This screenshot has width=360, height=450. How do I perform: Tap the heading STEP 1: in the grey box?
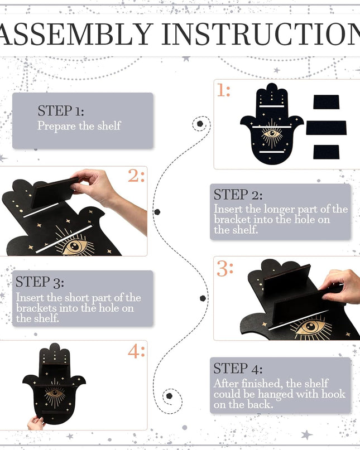pyautogui.click(x=61, y=110)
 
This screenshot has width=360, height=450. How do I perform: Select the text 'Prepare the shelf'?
pyautogui.click(x=79, y=125)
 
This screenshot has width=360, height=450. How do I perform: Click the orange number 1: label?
pyautogui.click(x=223, y=90)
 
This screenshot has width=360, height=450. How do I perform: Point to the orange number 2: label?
pyautogui.click(x=136, y=176)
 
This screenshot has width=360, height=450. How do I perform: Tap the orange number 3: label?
pyautogui.click(x=225, y=269)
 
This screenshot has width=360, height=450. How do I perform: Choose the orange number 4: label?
pyautogui.click(x=136, y=351)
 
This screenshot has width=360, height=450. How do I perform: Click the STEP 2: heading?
pyautogui.click(x=238, y=195)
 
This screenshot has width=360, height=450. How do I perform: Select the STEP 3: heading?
pyautogui.click(x=40, y=282)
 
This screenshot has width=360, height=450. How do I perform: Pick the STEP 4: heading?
pyautogui.click(x=238, y=369)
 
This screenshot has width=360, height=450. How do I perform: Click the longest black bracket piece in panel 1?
pyautogui.click(x=327, y=128)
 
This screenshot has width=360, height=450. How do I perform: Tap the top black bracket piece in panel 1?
pyautogui.click(x=327, y=102)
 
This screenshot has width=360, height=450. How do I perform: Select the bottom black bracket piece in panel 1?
pyautogui.click(x=327, y=152)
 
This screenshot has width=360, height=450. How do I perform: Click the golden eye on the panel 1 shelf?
pyautogui.click(x=271, y=134)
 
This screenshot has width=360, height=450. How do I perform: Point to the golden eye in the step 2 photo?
pyautogui.click(x=75, y=246)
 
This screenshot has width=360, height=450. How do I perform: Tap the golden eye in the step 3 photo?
pyautogui.click(x=311, y=327)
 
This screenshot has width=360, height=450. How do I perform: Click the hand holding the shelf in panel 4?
pyautogui.click(x=36, y=423)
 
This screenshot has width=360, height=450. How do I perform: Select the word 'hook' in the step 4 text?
pyautogui.click(x=333, y=394)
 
